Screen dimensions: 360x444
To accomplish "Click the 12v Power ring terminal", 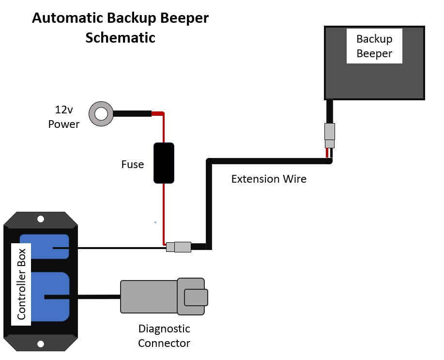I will click(101, 114).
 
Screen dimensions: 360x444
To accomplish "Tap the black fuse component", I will click(164, 163).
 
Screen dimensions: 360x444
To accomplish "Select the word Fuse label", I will click(133, 165).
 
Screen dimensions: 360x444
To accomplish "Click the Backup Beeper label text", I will click(374, 46).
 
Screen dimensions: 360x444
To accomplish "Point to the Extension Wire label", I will click(269, 179).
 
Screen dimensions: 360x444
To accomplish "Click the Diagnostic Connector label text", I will click(164, 336).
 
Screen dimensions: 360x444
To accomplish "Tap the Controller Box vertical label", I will click(21, 284).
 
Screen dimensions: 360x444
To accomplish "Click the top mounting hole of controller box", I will click(41, 219).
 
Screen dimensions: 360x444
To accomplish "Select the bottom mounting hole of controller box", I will click(41, 344).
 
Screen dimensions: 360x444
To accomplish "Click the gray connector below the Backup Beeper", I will click(330, 135).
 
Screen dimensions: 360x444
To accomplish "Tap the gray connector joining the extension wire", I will click(179, 247).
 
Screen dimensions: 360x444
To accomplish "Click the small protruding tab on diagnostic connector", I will click(196, 297).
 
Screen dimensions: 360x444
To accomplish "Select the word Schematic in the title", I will click(120, 37).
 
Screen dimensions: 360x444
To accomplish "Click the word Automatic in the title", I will click(68, 18).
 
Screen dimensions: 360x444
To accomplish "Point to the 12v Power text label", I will click(63, 118).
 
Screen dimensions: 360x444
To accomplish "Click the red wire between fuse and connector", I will click(164, 213).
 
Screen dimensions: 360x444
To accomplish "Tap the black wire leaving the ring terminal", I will click(132, 114).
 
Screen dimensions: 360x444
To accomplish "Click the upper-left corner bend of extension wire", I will click(209, 161).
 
